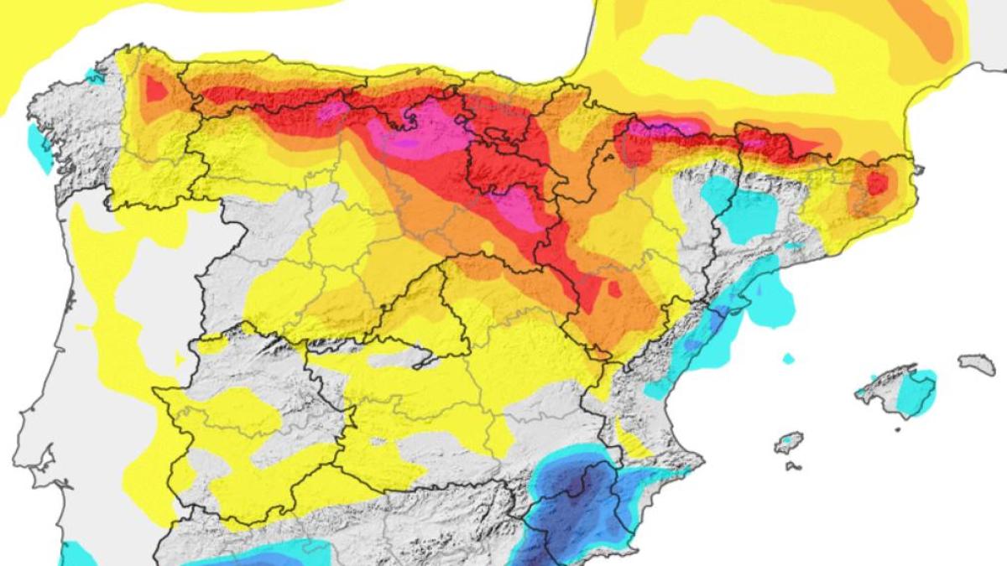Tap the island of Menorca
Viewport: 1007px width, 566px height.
pyautogui.click(x=977, y=364)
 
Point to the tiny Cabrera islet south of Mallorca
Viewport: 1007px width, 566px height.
pyautogui.click(x=897, y=429)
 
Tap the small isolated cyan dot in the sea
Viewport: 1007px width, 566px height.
pyautogui.click(x=788, y=359)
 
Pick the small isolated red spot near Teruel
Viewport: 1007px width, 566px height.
pyautogui.click(x=615, y=289)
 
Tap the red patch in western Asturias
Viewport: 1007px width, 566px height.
pyautogui.click(x=156, y=88)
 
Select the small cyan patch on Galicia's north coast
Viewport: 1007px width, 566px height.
pyautogui.click(x=95, y=76)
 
